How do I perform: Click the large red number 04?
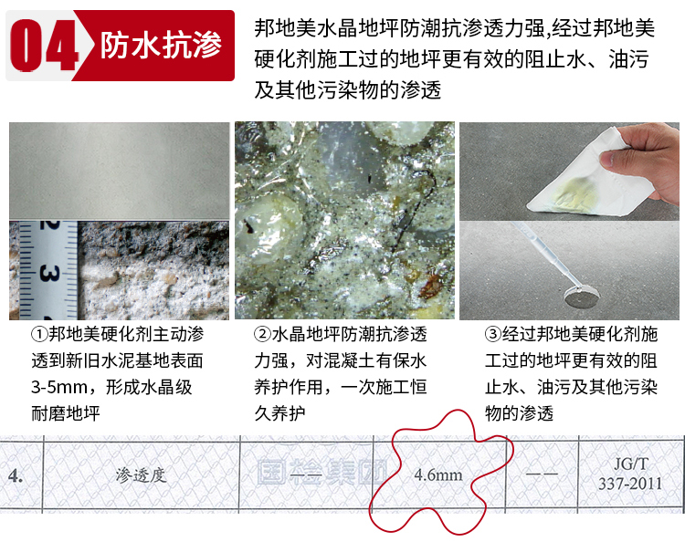45,45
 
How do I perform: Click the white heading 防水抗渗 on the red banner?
161,46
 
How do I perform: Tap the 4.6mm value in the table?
438,474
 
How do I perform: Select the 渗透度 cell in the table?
141,474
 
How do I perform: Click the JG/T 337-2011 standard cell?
630,474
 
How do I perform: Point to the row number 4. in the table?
16,475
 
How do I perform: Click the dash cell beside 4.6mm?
542,474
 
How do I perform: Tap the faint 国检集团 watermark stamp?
322,473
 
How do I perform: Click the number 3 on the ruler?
49,274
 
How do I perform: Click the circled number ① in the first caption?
40,335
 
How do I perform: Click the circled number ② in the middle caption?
262,335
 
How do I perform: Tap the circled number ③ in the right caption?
493,335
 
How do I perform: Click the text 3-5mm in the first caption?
60,388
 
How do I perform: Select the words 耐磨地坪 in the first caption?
66,413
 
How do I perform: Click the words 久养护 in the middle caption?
279,413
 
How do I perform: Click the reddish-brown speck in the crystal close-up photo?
430,284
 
